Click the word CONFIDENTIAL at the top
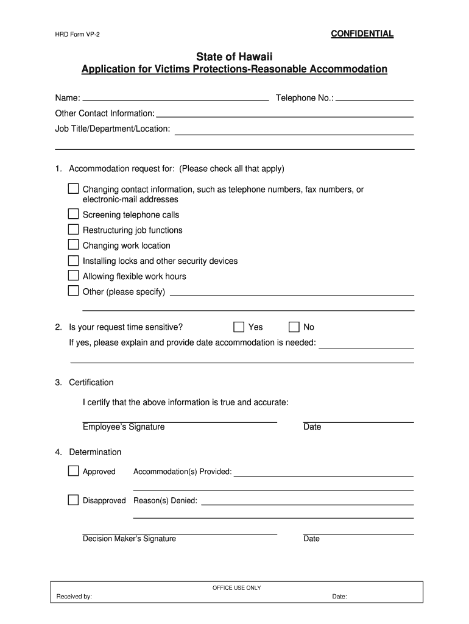pos(362,34)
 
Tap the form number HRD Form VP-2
pos(78,35)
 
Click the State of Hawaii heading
pos(234,57)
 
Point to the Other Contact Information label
pos(105,113)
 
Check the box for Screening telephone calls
pos(73,214)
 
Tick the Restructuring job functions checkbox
pos(73,229)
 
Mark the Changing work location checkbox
pos(73,244)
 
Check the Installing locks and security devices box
pos(73,260)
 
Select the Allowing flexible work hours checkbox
pos(73,275)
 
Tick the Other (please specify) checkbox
pos(73,291)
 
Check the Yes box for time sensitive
pos(239,327)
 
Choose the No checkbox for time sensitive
pos(294,327)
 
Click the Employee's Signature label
pos(124,427)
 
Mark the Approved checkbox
pos(73,471)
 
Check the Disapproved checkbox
pos(73,500)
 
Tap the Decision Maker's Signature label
pos(129,539)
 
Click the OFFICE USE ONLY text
pos(236,588)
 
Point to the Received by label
pos(74,597)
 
